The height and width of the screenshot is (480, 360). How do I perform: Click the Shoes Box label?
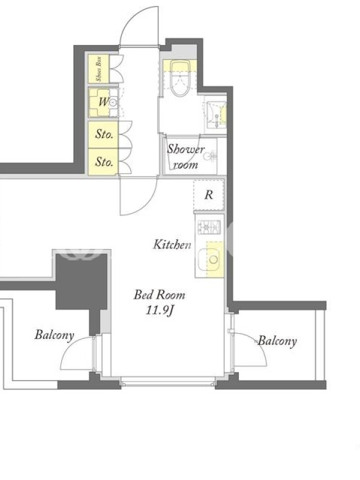[x=98, y=68]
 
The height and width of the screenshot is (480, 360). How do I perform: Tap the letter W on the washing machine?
[x=103, y=101]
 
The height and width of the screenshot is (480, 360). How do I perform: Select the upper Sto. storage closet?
[x=103, y=134]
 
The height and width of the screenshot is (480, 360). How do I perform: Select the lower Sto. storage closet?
[x=103, y=162]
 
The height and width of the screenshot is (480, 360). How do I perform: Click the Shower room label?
[x=185, y=157]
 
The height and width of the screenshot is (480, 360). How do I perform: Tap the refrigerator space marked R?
[x=209, y=194]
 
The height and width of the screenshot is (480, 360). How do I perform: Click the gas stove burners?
[x=209, y=227]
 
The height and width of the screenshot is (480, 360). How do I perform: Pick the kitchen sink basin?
[x=208, y=260]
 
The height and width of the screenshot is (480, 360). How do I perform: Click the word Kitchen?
[x=172, y=245]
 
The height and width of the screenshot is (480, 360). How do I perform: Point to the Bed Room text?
[x=160, y=295]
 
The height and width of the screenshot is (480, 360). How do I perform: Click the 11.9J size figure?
[x=160, y=310]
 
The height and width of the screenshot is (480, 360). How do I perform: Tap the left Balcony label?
[x=54, y=335]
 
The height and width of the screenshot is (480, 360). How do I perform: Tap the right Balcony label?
[x=277, y=341]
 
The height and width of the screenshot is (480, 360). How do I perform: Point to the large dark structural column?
[x=82, y=281]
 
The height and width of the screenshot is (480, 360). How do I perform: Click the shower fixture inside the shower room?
[x=209, y=156]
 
